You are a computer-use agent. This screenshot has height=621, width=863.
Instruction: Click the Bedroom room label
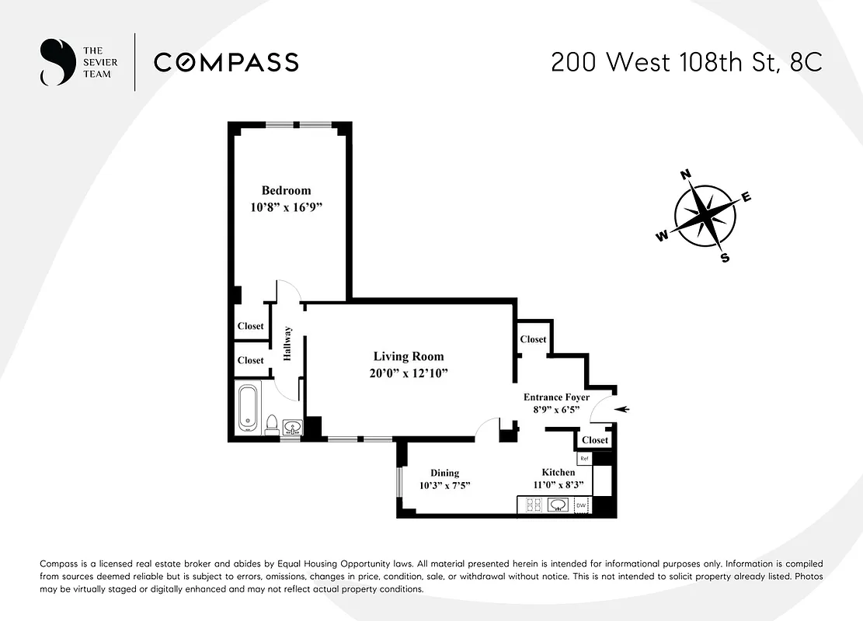click(286, 190)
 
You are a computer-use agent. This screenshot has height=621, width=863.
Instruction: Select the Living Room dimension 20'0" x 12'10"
click(409, 373)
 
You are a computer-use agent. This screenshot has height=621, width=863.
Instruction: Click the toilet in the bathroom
click(272, 424)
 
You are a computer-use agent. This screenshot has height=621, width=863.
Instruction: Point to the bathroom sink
click(292, 427)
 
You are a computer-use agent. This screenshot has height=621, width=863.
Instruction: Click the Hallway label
click(287, 343)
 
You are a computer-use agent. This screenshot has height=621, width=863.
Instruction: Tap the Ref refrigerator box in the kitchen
click(584, 459)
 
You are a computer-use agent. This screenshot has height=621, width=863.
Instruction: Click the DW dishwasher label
click(581, 506)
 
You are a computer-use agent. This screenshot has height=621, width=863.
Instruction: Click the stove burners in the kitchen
click(534, 505)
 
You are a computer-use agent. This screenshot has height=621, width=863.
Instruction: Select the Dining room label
click(444, 473)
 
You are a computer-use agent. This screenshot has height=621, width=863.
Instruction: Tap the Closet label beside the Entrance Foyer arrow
click(595, 440)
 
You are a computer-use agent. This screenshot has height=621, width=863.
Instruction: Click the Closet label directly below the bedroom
click(250, 326)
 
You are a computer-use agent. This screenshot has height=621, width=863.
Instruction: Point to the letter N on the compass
click(686, 175)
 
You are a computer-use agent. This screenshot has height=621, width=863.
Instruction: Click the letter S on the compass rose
click(725, 258)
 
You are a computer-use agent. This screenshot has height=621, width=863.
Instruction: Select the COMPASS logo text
click(226, 62)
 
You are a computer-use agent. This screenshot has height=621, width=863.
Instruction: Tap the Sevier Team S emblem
click(54, 62)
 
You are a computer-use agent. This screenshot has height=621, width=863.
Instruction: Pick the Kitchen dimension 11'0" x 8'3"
click(559, 486)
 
